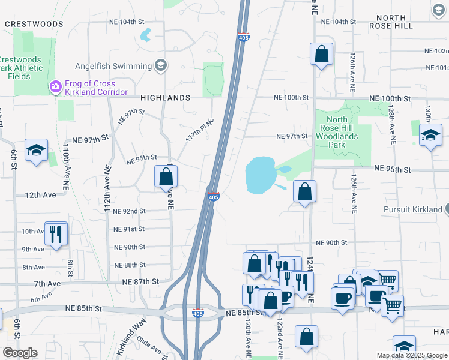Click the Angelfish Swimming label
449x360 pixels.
click(113, 66)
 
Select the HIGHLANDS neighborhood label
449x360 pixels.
click(165, 97)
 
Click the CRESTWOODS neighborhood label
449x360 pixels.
click(34, 24)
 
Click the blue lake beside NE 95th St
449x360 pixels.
click(259, 175)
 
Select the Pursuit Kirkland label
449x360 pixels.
click(413, 210)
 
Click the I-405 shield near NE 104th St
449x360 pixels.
click(243, 37)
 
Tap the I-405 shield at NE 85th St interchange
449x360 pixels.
click(198, 313)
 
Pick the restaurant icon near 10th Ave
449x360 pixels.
click(56, 234)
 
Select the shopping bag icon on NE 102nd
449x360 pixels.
click(322, 54)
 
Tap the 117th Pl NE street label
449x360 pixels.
click(200, 129)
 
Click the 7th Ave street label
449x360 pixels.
click(44, 283)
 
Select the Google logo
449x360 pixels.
click(20, 353)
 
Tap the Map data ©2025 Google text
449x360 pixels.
click(411, 355)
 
